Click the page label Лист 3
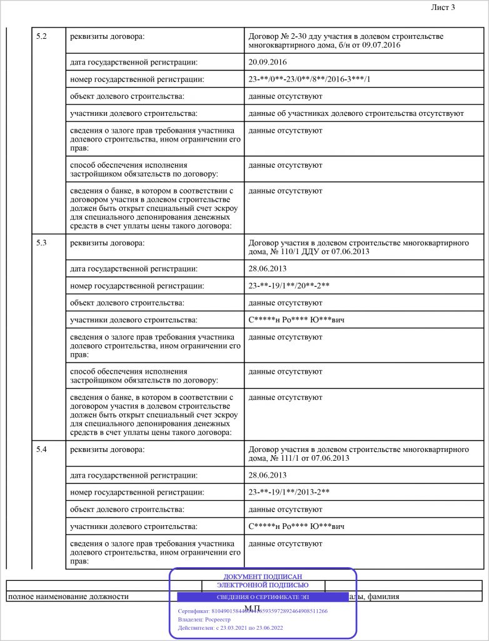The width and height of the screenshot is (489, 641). point(443,8)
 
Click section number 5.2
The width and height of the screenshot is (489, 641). point(41,35)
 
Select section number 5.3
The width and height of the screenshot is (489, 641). point(41,242)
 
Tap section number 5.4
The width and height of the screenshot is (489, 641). point(41,449)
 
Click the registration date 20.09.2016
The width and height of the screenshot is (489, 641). point(268,62)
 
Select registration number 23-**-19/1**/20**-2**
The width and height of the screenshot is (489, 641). point(289,286)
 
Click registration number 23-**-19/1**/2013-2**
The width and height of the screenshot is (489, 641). point(289,492)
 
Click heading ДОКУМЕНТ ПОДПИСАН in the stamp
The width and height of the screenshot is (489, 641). point(263,577)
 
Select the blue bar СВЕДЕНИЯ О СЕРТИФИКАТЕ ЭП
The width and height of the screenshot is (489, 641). point(263,597)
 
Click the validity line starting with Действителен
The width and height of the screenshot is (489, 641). point(231,627)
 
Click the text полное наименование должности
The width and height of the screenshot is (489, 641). point(68,597)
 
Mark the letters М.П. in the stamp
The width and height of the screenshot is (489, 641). point(253,608)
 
